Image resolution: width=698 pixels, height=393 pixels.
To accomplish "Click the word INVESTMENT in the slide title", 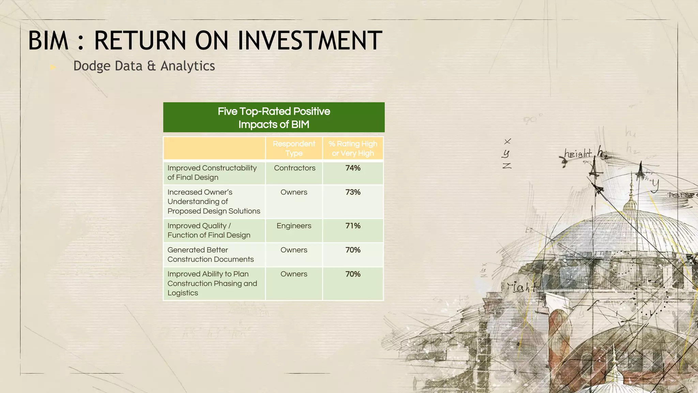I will point(310,41).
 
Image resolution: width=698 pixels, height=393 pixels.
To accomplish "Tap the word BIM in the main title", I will point(48,41).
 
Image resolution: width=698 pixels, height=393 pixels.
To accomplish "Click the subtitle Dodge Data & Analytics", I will point(144,66).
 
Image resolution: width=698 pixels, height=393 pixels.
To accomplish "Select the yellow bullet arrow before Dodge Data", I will point(53,67).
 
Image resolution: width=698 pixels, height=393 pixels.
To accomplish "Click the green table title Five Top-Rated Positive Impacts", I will point(274,118).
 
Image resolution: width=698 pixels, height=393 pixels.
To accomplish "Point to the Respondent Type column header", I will point(294,148).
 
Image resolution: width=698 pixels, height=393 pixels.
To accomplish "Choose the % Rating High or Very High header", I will point(353,148).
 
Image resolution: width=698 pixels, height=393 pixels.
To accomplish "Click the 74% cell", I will point(353,168).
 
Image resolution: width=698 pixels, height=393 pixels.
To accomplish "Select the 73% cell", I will point(353,192).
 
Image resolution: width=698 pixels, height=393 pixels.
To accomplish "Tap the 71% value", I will point(353,226).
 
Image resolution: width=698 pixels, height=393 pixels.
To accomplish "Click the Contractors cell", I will point(294,168).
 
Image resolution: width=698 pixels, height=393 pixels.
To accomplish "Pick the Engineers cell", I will point(294,226).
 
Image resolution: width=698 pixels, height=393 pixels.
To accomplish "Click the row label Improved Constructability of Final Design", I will point(212,173).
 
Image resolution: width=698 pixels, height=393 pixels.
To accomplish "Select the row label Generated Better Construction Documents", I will point(210,254).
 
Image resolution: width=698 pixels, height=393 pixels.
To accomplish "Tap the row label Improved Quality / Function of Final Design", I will point(209,230).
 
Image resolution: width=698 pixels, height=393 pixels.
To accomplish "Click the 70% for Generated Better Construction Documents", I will point(353,250).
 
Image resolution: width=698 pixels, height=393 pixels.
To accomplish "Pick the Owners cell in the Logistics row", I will point(294,274).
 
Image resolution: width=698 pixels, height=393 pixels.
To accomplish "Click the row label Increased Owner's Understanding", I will point(213,202).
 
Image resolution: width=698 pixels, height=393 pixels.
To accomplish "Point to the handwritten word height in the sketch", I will point(578,154).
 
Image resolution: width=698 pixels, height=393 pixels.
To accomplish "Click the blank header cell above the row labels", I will point(214,148).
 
